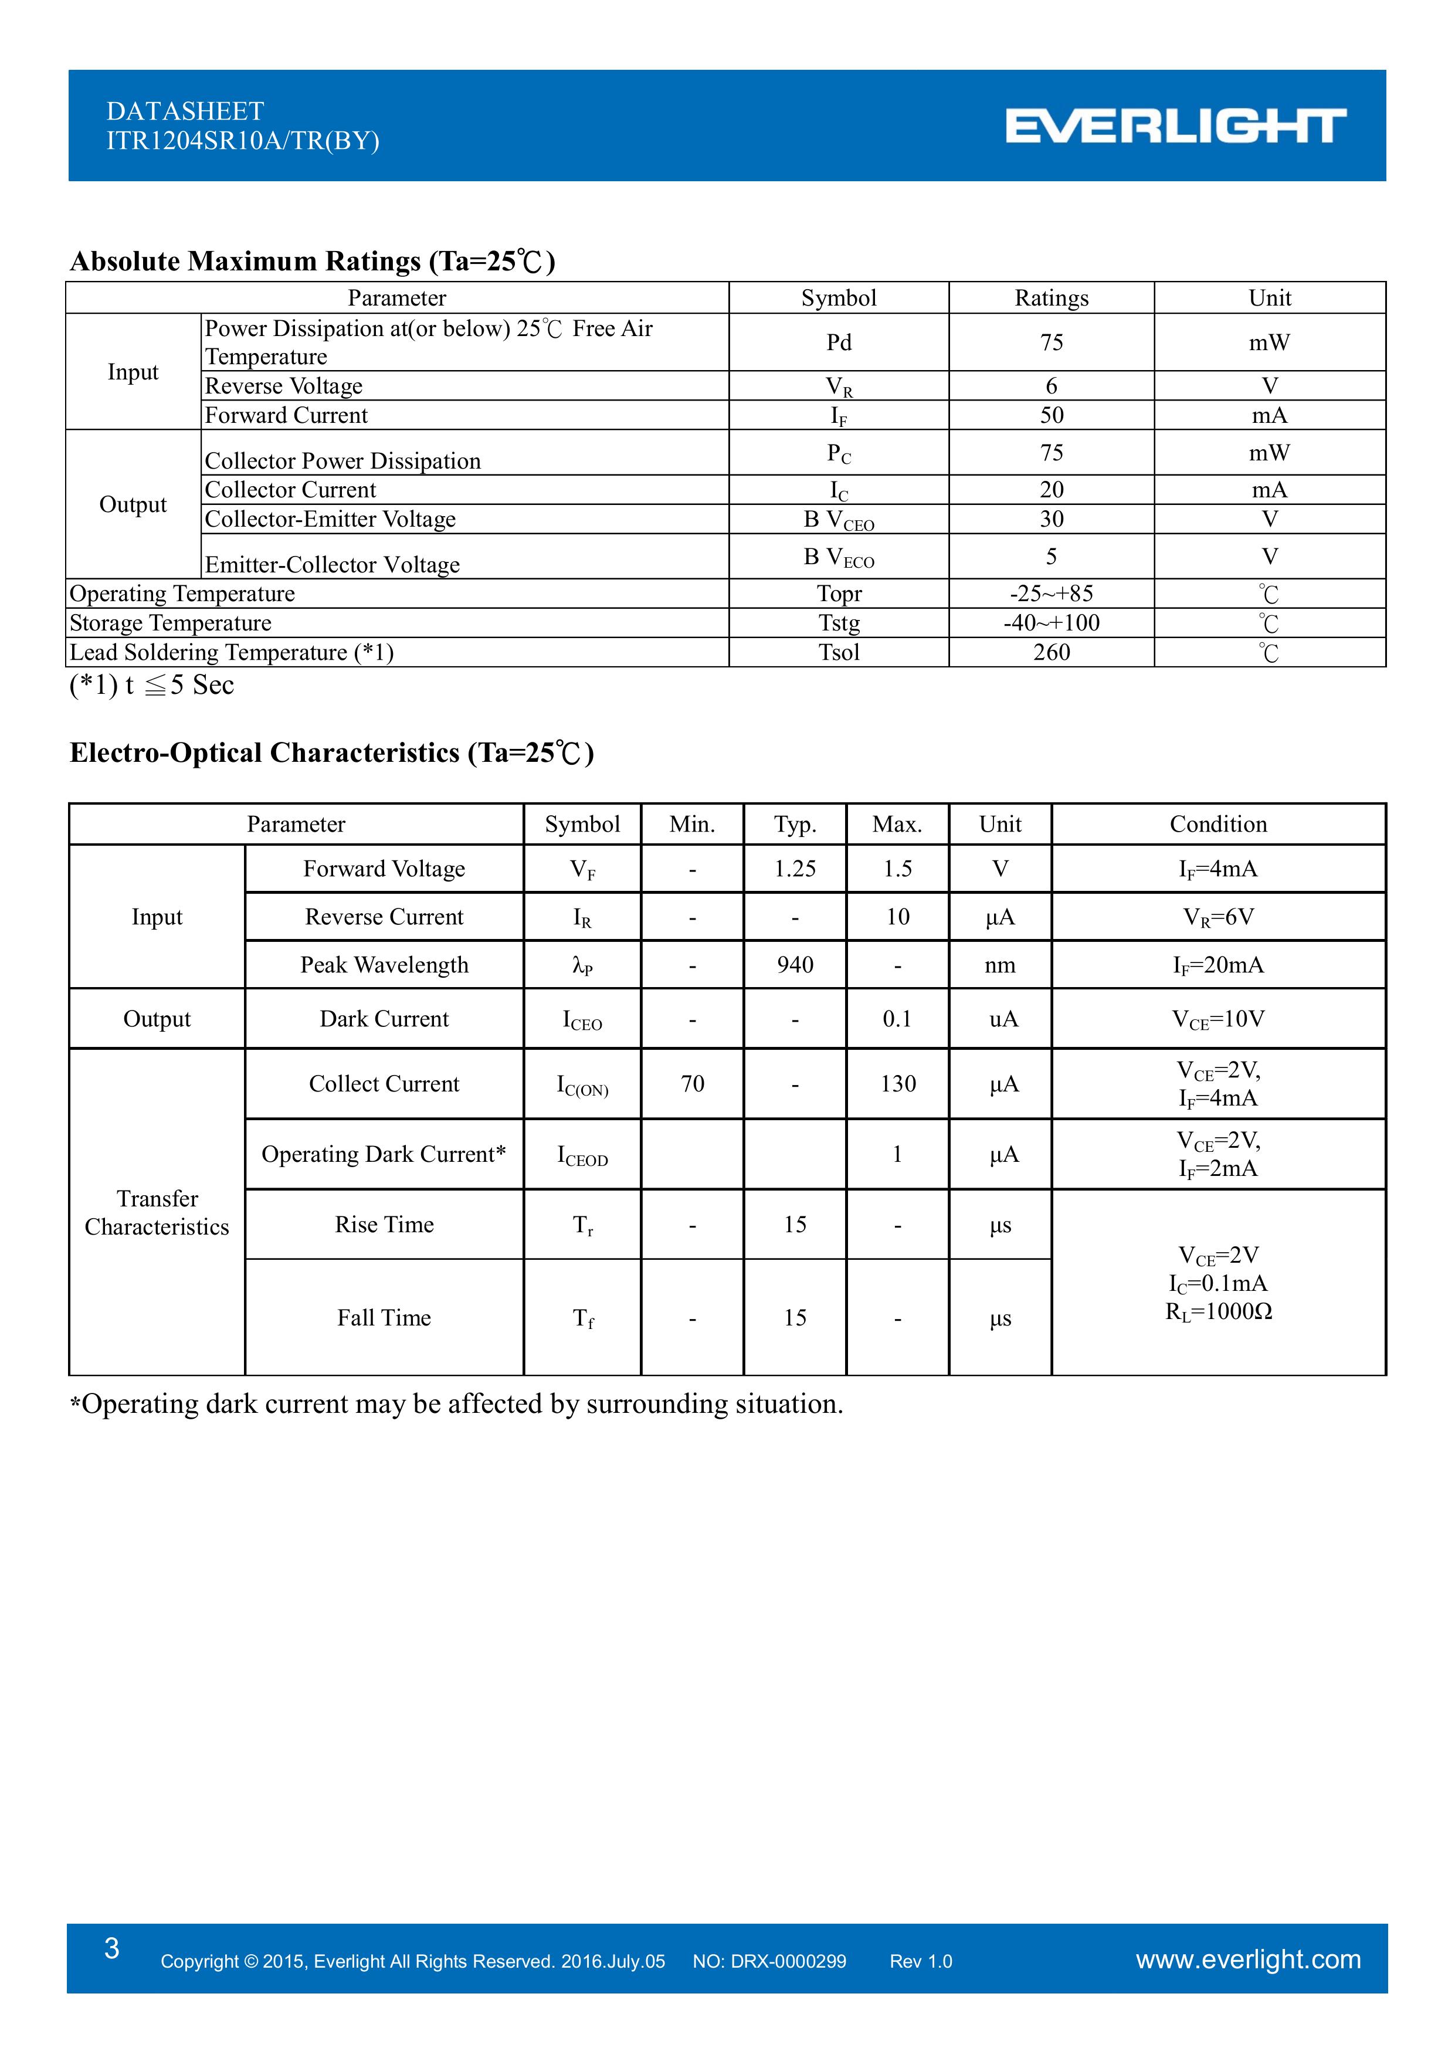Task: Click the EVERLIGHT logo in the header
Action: [1175, 126]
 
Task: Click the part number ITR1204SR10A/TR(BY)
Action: [243, 141]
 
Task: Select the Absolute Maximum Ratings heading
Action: [313, 261]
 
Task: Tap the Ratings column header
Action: [1051, 299]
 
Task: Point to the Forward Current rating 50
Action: [1051, 416]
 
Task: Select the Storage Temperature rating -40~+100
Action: [1051, 623]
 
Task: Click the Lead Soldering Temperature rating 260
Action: [1051, 653]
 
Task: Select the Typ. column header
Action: [794, 825]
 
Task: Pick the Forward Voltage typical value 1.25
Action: [794, 869]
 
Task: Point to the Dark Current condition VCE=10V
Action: [1217, 1019]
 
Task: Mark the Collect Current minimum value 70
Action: [692, 1084]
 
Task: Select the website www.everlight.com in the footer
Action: [1248, 1959]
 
